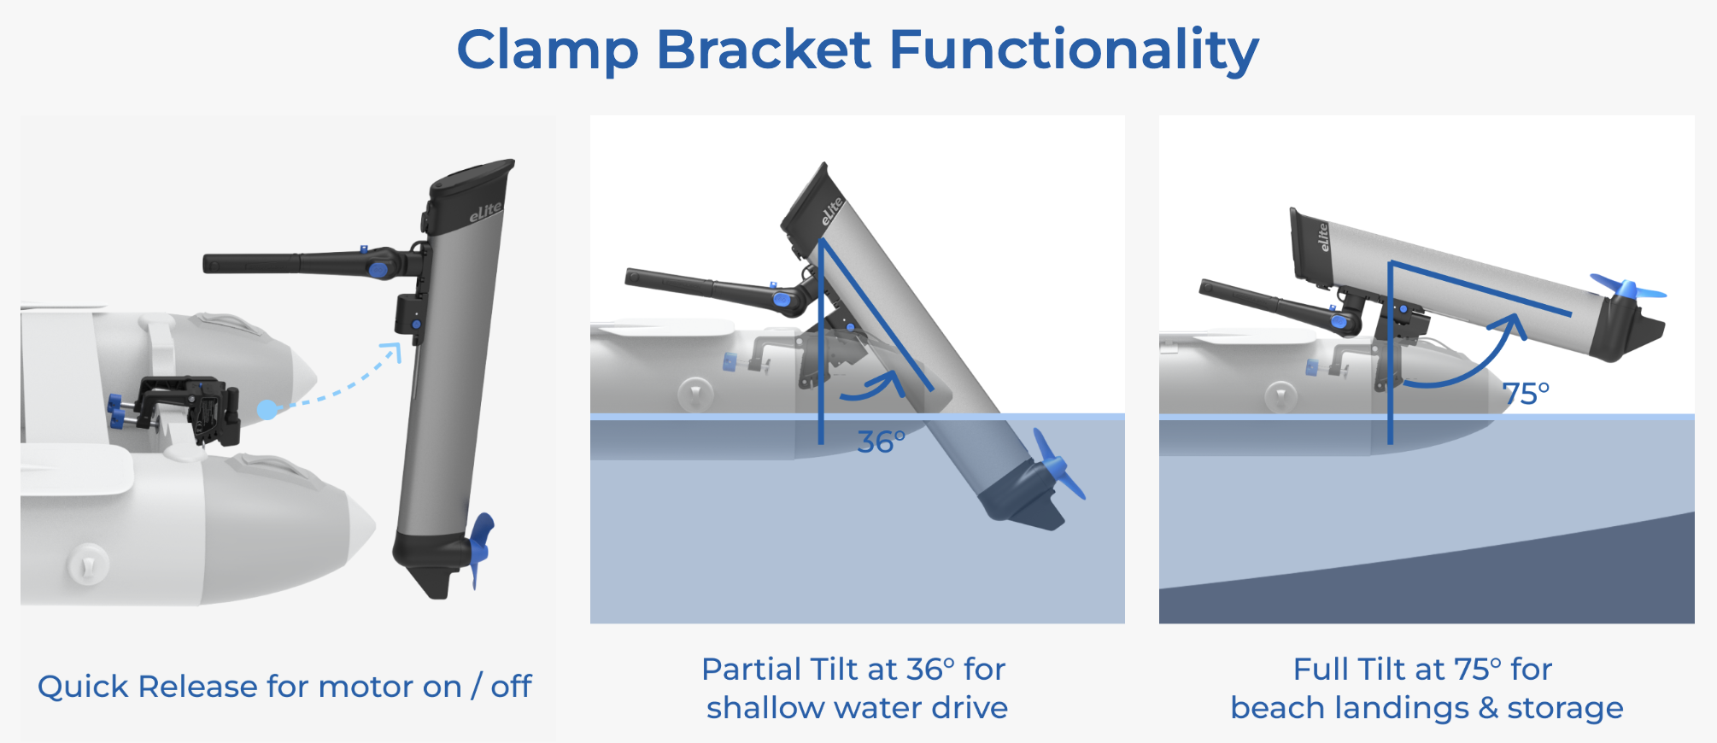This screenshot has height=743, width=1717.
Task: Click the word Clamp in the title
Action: [x=548, y=50]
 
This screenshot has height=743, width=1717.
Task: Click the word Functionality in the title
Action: [x=1074, y=50]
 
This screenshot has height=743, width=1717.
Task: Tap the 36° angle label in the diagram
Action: [x=881, y=442]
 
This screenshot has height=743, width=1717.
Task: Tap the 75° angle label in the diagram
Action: [x=1526, y=394]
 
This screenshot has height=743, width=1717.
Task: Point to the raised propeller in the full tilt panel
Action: [x=1627, y=289]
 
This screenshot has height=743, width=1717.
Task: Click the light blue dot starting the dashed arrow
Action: [x=267, y=410]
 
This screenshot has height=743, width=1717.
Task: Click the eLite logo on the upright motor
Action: [x=485, y=212]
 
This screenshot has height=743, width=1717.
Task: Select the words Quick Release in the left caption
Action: [x=148, y=687]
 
